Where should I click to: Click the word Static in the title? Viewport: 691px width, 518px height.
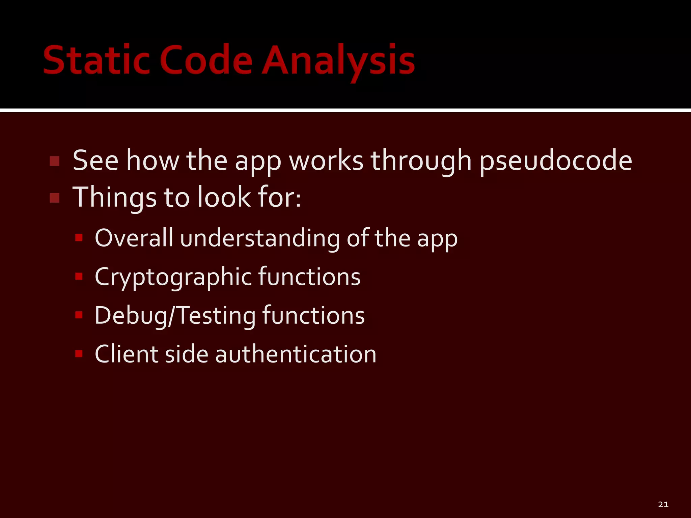96,61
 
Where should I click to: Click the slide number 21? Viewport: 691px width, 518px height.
663,505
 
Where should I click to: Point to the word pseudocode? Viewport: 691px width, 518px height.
555,161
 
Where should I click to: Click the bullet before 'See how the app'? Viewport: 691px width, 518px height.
54,161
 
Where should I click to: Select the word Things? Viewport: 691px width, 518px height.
114,198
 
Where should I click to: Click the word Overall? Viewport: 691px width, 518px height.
134,238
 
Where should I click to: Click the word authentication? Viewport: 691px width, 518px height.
296,354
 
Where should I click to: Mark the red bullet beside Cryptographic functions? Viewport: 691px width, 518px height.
79,277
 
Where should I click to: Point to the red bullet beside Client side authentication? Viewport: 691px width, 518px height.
79,354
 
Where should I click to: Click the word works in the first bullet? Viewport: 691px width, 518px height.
326,161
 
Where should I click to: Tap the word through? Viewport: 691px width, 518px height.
421,161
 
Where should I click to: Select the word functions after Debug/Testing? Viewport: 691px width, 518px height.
313,316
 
